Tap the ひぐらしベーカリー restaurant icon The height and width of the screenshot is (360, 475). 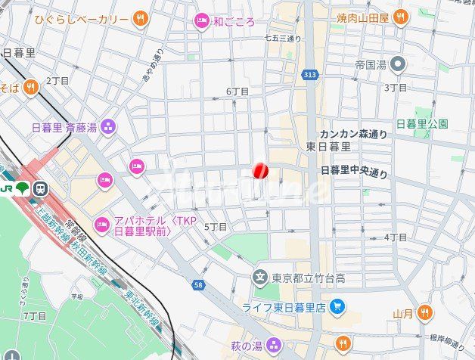tap(140, 18)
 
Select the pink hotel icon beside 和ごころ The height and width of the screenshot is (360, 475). tap(201, 21)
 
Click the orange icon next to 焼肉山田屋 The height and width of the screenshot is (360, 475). tap(400, 16)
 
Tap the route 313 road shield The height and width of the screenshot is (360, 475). tap(309, 74)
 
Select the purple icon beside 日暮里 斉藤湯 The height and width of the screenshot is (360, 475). tap(108, 126)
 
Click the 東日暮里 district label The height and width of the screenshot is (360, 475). tap(328, 146)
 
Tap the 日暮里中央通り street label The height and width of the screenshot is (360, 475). tap(354, 172)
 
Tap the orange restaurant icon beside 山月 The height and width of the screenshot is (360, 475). tap(424, 312)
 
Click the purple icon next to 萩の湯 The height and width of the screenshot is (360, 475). tap(274, 346)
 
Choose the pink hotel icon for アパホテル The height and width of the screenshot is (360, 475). tap(102, 225)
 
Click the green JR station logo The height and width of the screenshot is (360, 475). tap(22, 188)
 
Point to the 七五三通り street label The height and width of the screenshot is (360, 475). tap(283, 38)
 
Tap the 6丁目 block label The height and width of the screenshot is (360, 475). tap(237, 91)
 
